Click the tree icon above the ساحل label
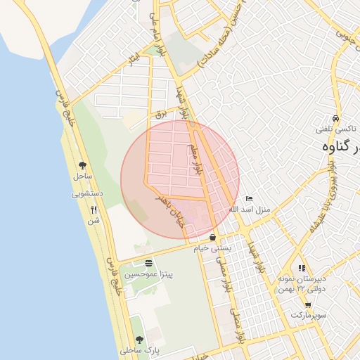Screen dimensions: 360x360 83,165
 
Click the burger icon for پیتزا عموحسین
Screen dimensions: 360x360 147,262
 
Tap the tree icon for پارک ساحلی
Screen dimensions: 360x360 139,339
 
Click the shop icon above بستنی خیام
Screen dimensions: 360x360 212,238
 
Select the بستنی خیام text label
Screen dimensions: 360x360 212,248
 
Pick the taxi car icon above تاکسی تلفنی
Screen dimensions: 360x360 337,118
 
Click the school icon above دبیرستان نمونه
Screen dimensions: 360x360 302,268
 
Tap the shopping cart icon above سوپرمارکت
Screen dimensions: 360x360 309,304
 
